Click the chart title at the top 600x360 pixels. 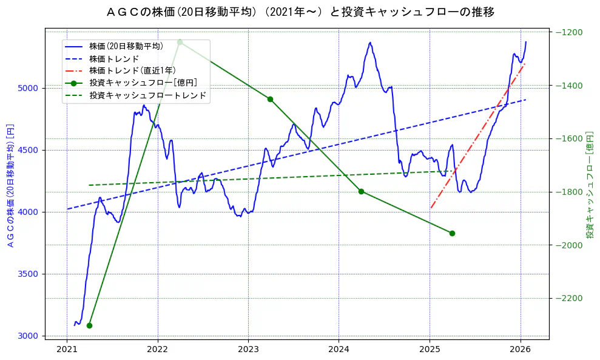[x=300, y=12]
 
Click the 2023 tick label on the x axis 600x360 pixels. [x=248, y=349]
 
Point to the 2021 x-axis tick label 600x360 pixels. [x=67, y=349]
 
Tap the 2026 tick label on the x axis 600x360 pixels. [x=521, y=349]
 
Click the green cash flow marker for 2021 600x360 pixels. [x=89, y=325]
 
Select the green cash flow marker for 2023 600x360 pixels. [x=270, y=99]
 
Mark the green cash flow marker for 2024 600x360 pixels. [x=361, y=191]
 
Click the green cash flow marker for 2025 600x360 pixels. [x=452, y=233]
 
